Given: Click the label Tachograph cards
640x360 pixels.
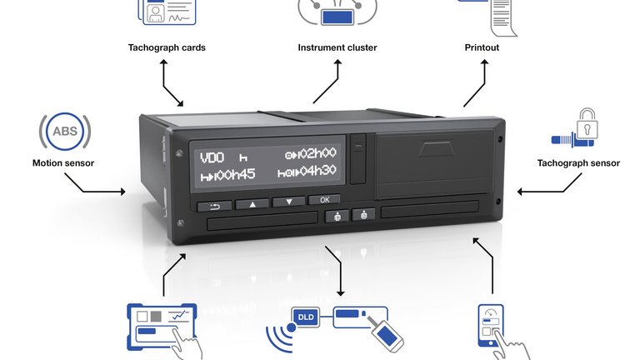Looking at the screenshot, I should (x=167, y=47).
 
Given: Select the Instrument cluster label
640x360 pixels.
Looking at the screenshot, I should (x=337, y=47).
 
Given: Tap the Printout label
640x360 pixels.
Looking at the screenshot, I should (x=482, y=47).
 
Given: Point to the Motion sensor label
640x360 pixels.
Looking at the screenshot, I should (x=63, y=163).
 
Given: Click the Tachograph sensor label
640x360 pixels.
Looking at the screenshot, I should (x=578, y=163).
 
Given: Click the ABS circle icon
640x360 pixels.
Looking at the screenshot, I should (x=64, y=132).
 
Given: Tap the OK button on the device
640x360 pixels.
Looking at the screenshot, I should (x=324, y=200).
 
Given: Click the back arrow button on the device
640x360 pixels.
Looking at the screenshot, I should (x=215, y=205).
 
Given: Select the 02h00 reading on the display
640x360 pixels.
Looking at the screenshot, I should (x=316, y=153).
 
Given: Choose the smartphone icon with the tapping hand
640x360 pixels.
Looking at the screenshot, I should (x=492, y=328).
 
